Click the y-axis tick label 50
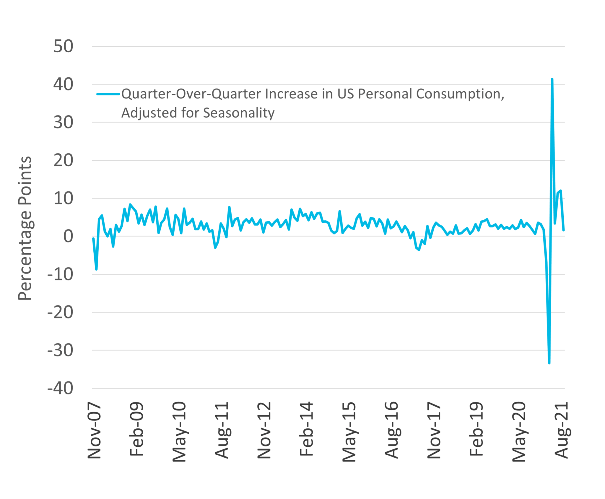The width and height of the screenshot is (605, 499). tap(63, 46)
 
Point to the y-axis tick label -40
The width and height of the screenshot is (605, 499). tap(60, 388)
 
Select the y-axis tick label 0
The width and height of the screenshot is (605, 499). tap(68, 236)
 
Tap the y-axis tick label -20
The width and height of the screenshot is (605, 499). tap(60, 312)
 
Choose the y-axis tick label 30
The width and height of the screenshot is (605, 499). tap(63, 122)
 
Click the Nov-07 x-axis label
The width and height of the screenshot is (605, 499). tap(95, 432)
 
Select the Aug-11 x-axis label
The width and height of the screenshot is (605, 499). tap(222, 430)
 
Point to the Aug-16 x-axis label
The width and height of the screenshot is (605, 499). tap(392, 430)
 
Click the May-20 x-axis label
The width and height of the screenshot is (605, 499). tap(519, 432)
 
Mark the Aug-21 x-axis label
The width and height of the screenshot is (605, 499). tap(562, 430)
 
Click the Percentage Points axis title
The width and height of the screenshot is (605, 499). tap(25, 228)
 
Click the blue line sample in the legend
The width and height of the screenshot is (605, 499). tap(108, 94)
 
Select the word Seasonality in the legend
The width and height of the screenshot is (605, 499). tap(239, 113)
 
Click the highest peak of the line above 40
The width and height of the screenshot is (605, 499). tap(552, 79)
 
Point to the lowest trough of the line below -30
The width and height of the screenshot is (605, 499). tap(549, 363)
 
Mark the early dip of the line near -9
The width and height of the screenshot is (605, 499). tap(96, 269)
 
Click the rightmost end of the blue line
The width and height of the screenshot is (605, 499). tap(564, 230)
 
